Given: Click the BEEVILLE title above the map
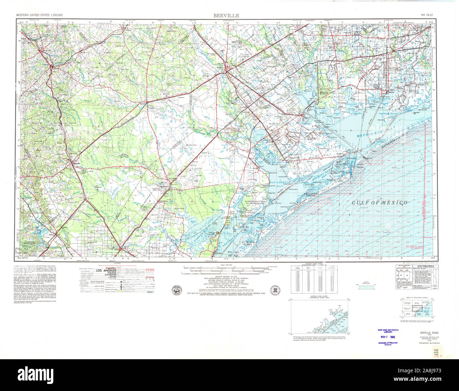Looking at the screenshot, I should pos(226,16).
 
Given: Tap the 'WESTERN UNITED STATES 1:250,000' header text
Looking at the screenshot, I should pos(39,16).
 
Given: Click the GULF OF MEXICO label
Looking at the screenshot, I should pos(379,203).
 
